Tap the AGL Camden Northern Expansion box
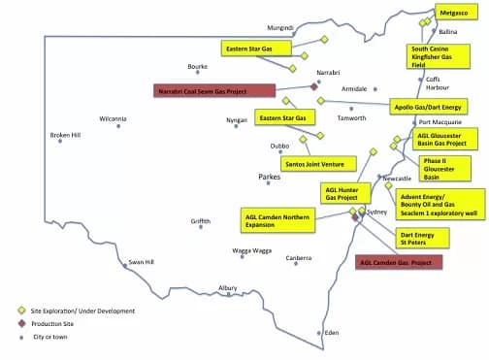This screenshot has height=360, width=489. pyautogui.click(x=277, y=218)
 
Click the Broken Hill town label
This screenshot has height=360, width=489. pyautogui.click(x=66, y=135)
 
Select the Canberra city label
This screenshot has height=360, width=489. pyautogui.click(x=298, y=258)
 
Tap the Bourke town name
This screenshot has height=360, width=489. pyautogui.click(x=197, y=67)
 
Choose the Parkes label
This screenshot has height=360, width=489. pyautogui.click(x=269, y=179)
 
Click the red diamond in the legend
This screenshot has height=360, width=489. pyautogui.click(x=20, y=323)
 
